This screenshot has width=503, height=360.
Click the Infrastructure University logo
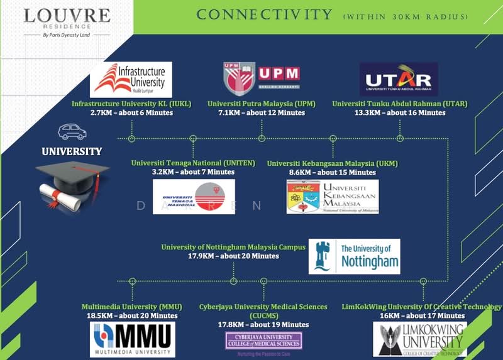tap(131, 80)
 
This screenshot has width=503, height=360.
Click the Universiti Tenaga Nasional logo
tap(194, 197)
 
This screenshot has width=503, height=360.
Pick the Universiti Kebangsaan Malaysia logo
tap(333, 197)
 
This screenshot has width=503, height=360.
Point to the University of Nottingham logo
tap(354, 256)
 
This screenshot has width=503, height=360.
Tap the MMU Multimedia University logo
tap(132, 339)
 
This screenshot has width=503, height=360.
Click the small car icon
tap(71, 133)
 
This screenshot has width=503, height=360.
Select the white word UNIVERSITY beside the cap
tap(72, 151)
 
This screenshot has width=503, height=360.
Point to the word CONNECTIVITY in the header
tap(264, 14)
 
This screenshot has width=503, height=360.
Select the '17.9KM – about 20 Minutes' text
tap(233, 256)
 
